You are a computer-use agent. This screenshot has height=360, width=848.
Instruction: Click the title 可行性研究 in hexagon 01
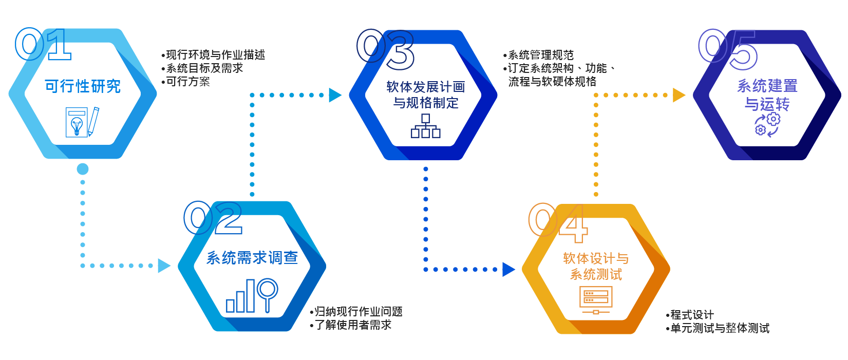(83, 86)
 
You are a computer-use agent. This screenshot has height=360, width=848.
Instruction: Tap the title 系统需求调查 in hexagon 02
(252, 258)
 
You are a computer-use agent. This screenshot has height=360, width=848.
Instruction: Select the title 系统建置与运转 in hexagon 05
(767, 94)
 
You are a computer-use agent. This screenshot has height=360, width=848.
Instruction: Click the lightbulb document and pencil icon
(82, 122)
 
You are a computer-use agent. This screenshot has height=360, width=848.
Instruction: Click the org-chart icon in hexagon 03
(425, 126)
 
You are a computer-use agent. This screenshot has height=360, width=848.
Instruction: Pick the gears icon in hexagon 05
(767, 125)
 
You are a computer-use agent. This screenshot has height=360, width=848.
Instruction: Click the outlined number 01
(43, 44)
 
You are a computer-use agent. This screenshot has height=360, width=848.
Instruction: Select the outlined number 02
(213, 218)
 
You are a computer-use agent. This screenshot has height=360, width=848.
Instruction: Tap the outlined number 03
(385, 49)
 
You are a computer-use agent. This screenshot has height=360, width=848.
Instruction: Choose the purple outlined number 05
(728, 49)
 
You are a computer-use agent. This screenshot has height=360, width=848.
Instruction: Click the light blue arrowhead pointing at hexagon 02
(164, 266)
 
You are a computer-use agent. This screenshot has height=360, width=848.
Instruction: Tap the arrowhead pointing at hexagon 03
(335, 95)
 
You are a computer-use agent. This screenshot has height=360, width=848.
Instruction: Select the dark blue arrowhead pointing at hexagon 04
(508, 270)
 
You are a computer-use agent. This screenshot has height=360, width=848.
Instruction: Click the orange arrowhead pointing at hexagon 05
(679, 95)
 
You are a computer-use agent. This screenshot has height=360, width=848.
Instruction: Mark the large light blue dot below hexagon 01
(83, 169)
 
